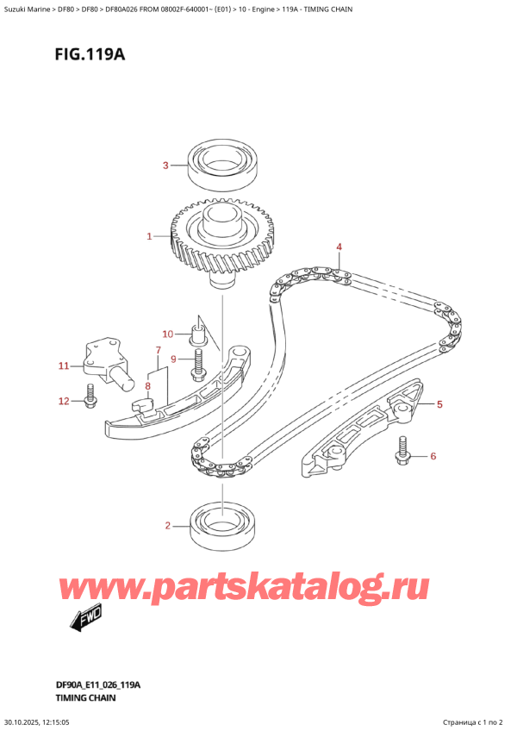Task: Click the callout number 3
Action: point(167,166)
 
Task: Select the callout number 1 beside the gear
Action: point(149,235)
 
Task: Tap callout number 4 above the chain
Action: point(339,248)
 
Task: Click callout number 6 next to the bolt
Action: point(433,456)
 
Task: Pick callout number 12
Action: point(62,400)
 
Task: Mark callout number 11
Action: point(63,366)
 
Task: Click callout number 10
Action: point(169,334)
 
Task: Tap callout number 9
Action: point(173,359)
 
